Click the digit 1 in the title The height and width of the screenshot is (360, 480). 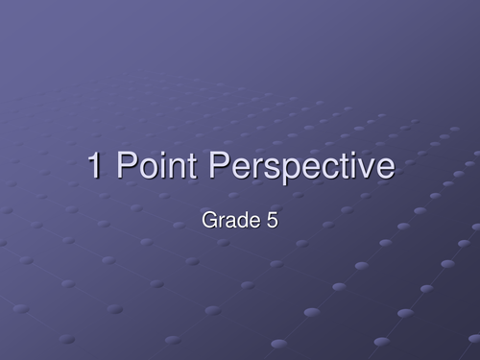96,166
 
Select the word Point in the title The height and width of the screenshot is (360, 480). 153,166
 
